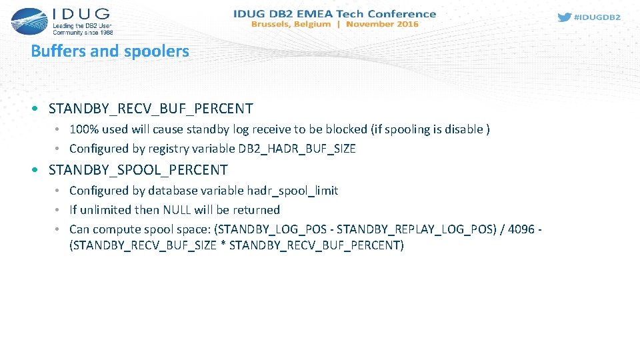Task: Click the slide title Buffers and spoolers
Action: coord(110,51)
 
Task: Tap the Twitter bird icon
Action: coord(564,17)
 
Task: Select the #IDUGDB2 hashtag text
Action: coord(597,17)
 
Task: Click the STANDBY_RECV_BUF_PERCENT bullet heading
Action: coord(151,108)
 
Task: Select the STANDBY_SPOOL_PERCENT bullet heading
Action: coord(138,170)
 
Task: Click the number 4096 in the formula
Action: coord(520,229)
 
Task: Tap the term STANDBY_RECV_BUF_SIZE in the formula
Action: coord(143,245)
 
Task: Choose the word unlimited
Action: coord(107,210)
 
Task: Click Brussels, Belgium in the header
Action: coord(291,24)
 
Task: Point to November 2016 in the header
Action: coord(382,24)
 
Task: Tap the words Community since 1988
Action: coord(83,31)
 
